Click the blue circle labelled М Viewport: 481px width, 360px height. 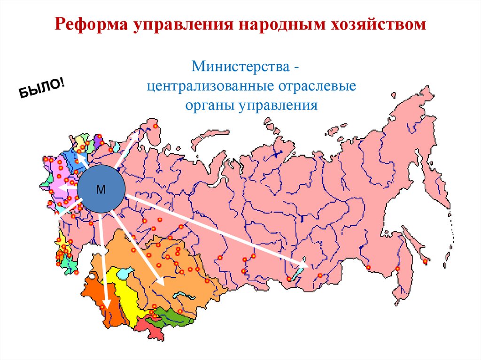(x=101, y=189)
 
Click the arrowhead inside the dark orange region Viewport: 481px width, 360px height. (x=106, y=305)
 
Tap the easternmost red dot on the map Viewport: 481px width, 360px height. (x=425, y=261)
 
